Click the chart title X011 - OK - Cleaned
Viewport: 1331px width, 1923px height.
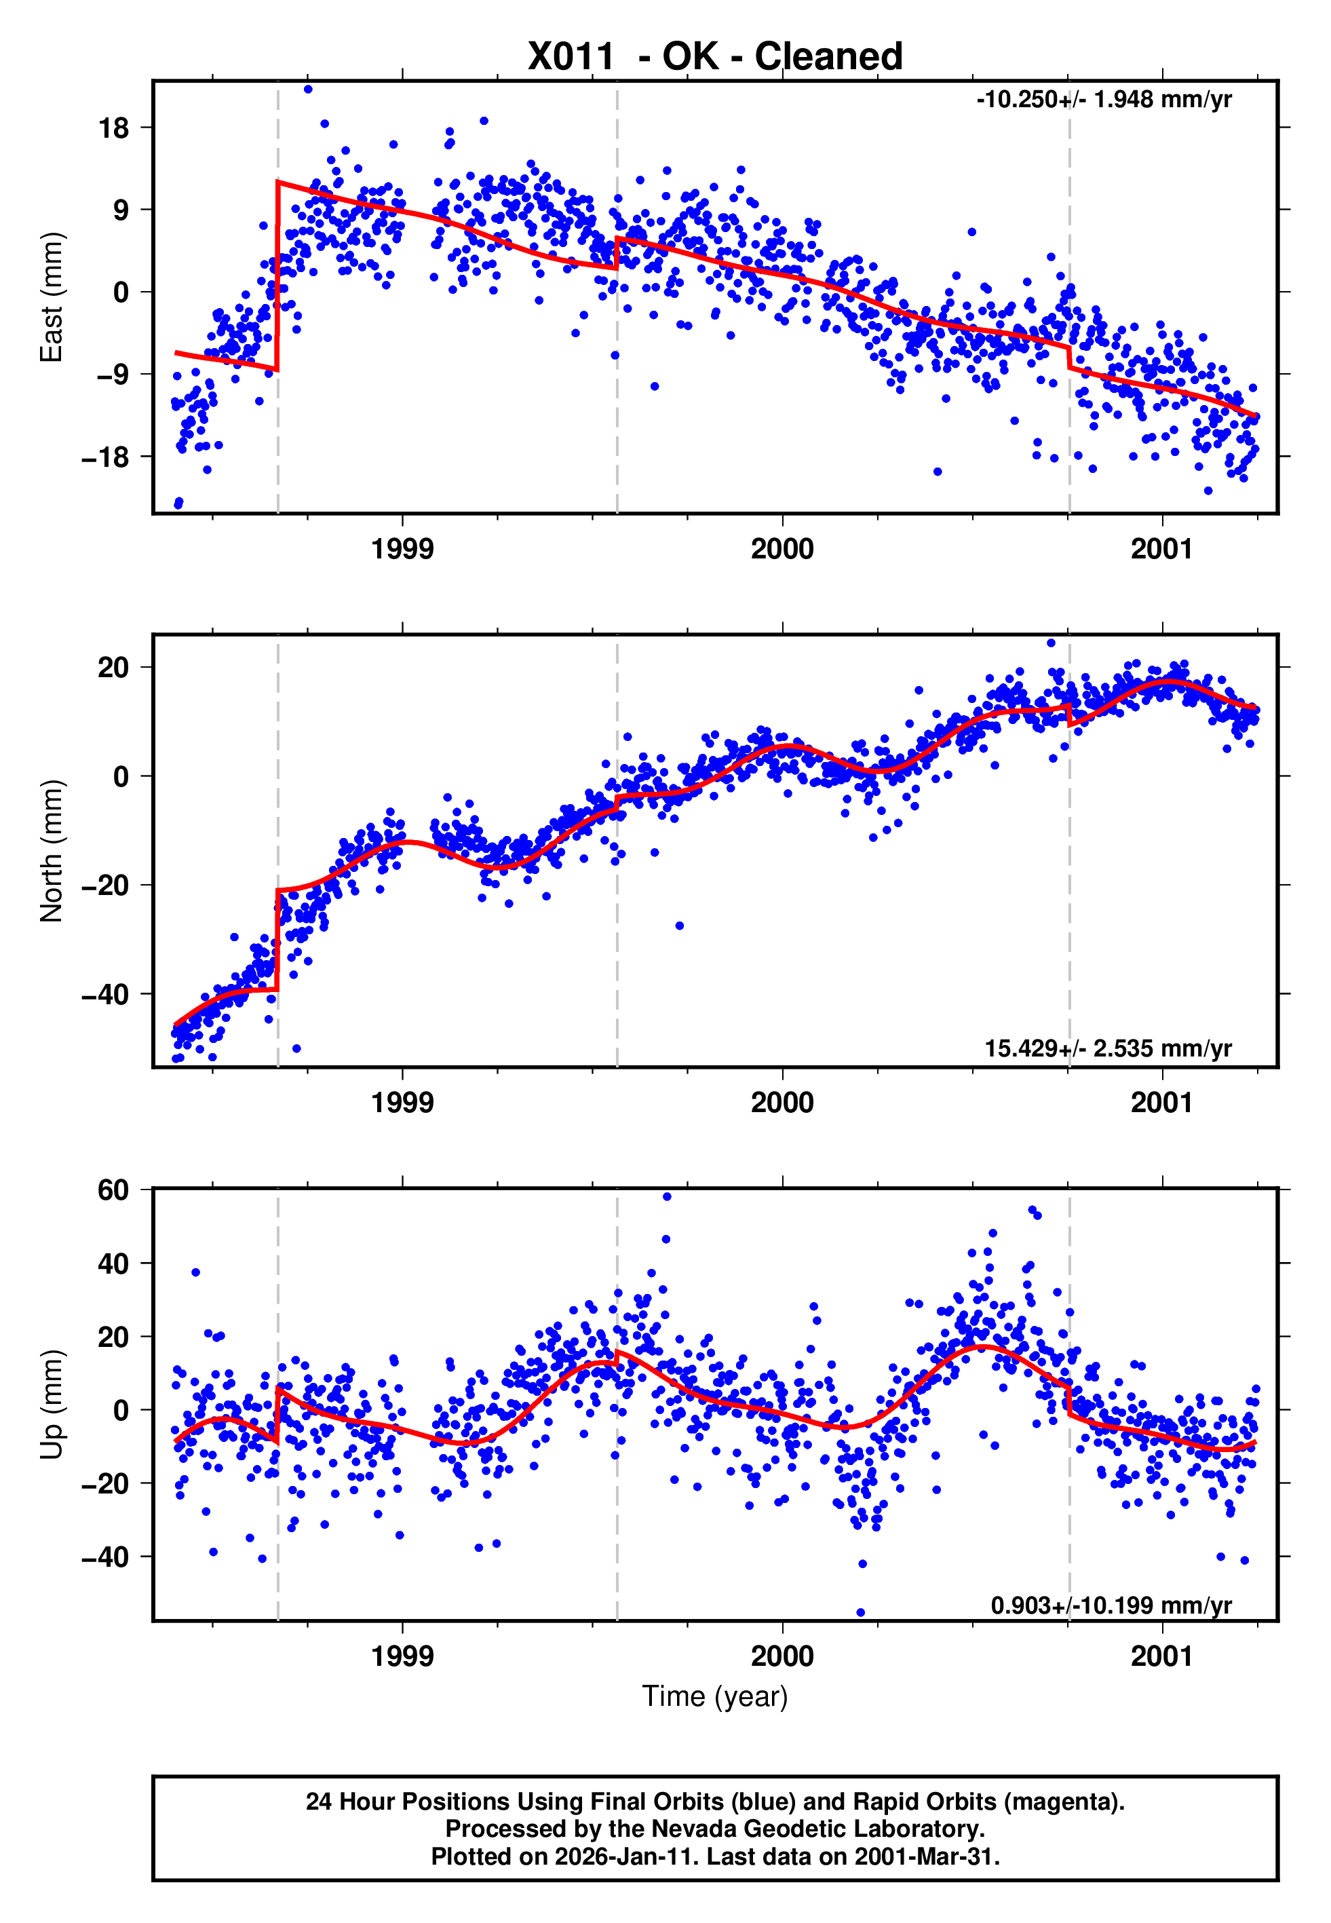(x=715, y=57)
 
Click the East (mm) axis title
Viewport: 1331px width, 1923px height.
(x=52, y=297)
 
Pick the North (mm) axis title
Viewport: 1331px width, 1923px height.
(x=52, y=851)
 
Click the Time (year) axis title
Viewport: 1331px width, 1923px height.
(x=715, y=1696)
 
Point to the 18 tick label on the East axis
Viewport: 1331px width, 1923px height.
(x=113, y=128)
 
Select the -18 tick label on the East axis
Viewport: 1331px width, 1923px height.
(x=106, y=457)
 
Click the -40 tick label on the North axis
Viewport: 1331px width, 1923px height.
(x=106, y=994)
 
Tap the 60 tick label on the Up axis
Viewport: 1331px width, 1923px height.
(x=113, y=1190)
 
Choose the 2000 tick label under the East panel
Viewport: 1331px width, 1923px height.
(x=782, y=549)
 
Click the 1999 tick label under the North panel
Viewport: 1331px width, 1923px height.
(x=402, y=1103)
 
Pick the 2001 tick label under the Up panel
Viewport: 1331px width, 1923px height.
(x=1161, y=1656)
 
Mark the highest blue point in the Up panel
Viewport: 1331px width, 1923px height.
(x=666, y=1197)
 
